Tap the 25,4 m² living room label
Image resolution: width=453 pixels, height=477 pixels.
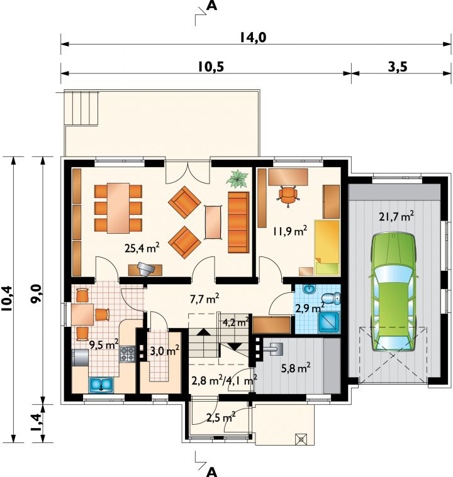[x=142, y=248]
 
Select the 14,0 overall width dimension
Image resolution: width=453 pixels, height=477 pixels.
[x=252, y=38]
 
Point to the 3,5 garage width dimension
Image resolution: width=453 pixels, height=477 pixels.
[x=398, y=67]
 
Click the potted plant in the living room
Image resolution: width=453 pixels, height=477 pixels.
[x=237, y=179]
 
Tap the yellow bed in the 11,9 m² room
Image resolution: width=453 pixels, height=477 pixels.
[x=327, y=247]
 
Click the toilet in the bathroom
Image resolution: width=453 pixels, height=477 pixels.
[x=331, y=298]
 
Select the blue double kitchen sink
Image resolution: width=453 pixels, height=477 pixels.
[x=101, y=384]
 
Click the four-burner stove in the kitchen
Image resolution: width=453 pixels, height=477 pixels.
[x=127, y=354]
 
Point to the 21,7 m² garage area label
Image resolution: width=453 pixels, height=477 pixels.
[x=396, y=217]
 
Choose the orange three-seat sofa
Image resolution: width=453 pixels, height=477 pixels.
[x=238, y=222]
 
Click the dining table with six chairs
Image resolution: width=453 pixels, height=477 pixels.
[x=118, y=208]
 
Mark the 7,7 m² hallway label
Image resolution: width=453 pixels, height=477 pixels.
[x=204, y=299]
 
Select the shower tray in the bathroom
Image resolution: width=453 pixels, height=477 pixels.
[x=329, y=322]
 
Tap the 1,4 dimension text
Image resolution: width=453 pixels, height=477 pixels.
[x=36, y=423]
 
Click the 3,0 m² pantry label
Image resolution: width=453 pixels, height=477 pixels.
[x=165, y=351]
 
